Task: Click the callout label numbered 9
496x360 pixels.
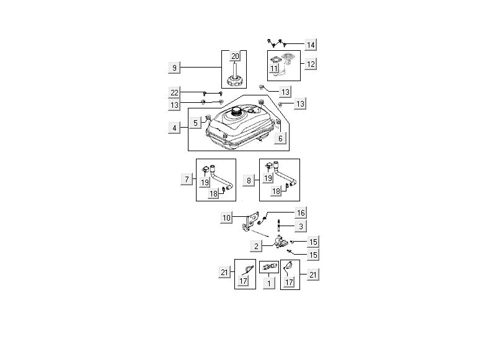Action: coord(174,67)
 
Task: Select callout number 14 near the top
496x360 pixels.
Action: coord(311,45)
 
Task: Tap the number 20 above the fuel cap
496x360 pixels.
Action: coord(235,56)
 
